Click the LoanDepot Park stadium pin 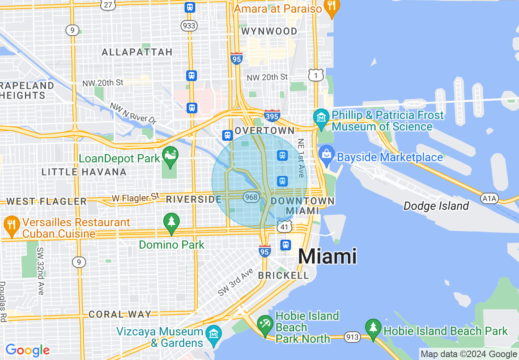170,155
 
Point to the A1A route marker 489,199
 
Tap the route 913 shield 352,337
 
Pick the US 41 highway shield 284,226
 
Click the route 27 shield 108,5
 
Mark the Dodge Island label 436,206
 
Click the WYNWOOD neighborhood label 269,32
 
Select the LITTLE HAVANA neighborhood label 84,172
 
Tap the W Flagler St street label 135,198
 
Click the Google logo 27,350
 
